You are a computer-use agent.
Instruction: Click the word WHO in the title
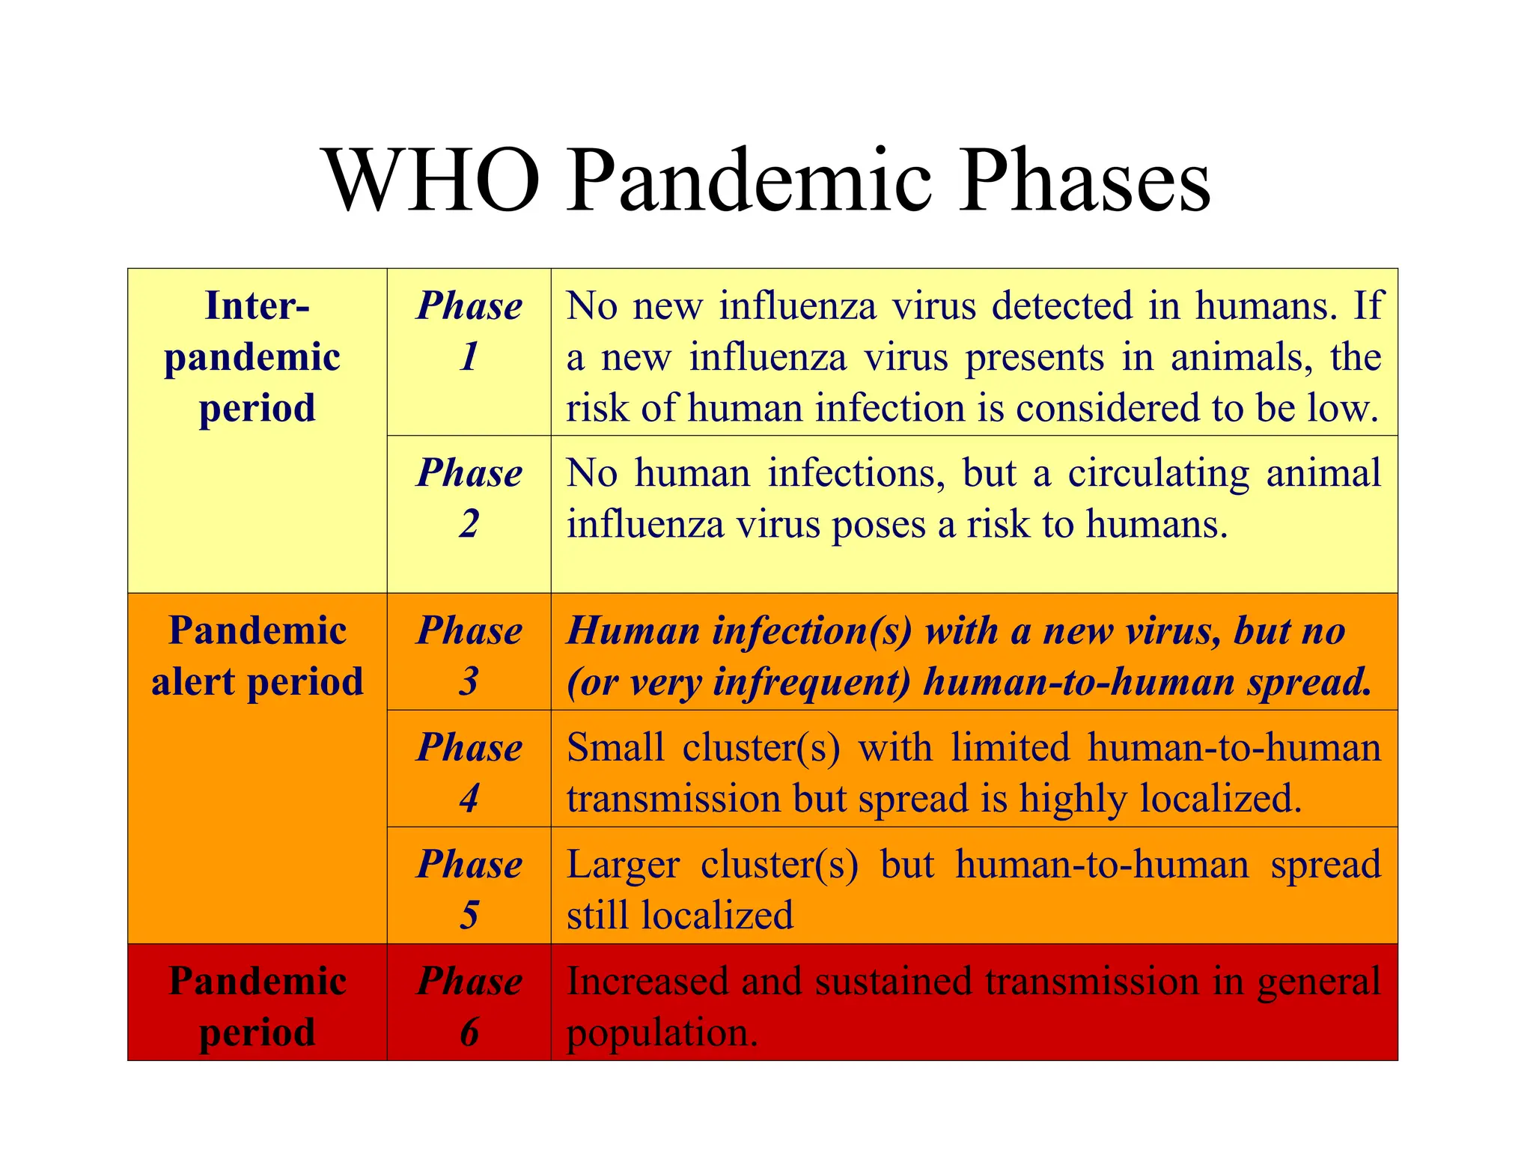433,181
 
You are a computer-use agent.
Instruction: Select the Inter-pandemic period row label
257,356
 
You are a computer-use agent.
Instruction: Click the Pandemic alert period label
257,656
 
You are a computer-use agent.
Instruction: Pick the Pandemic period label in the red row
257,1006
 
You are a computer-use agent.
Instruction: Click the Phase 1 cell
469,331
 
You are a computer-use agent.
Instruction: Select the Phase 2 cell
469,498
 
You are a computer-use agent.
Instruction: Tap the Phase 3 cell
469,656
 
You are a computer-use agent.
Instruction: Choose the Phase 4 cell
469,773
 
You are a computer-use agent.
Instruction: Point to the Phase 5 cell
469,889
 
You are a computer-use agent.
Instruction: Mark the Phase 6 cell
469,1006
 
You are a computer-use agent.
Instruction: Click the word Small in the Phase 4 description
615,748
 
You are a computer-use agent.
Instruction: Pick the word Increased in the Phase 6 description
647,982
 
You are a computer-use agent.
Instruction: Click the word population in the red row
662,1033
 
